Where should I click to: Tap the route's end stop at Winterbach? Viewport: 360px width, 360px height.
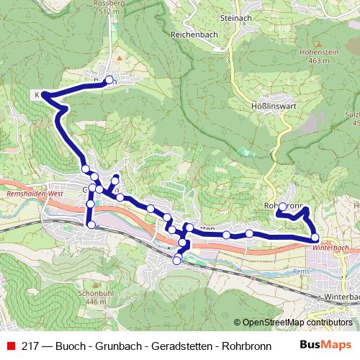(315, 237)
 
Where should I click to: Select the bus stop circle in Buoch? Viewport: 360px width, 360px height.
(109, 80)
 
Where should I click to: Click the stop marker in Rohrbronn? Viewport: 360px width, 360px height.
(282, 207)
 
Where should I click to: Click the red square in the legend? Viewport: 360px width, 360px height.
(11, 345)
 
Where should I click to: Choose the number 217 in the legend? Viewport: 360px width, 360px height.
(31, 345)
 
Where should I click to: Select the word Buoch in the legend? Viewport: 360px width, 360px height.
(71, 345)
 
